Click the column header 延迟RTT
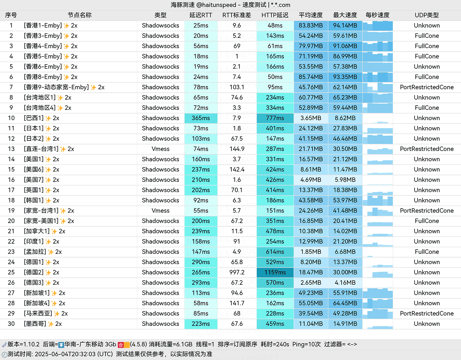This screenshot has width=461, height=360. [201, 15]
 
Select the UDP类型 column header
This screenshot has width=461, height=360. [426, 15]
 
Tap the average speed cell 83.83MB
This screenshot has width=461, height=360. [311, 26]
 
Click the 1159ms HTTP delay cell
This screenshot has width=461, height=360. [275, 272]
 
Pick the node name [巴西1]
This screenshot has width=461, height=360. [34, 118]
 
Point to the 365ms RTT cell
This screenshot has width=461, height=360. [201, 118]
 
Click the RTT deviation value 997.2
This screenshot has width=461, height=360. [237, 272]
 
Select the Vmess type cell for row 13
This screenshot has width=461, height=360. [160, 149]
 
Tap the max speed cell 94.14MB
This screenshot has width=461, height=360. [345, 26]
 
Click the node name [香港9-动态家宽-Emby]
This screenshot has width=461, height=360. [56, 87]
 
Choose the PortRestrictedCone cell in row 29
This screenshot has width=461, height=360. [426, 313]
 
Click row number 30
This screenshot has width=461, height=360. [11, 324]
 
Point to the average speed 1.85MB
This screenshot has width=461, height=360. [311, 252]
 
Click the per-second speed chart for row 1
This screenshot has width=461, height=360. [377, 26]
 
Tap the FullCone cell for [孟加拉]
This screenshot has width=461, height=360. [426, 252]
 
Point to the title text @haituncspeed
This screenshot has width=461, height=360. [216, 5]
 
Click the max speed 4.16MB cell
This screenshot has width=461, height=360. [345, 283]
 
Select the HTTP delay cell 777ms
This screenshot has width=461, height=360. [275, 118]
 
